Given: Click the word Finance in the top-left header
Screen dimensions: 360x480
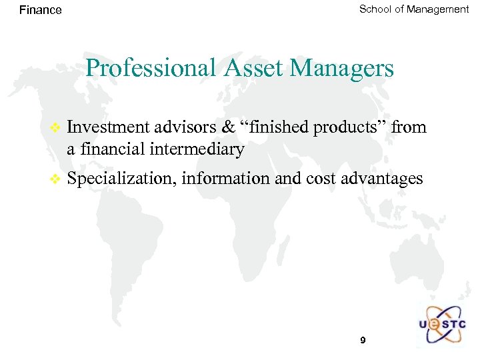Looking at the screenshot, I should pyautogui.click(x=41, y=10).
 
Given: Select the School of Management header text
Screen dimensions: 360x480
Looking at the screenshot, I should pyautogui.click(x=414, y=9).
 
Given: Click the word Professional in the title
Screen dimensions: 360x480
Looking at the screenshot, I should pyautogui.click(x=143, y=68).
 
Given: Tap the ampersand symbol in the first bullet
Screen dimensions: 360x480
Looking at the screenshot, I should pyautogui.click(x=228, y=127).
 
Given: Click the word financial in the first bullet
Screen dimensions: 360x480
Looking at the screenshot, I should pyautogui.click(x=115, y=149).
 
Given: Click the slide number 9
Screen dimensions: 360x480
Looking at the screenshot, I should pyautogui.click(x=363, y=341).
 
